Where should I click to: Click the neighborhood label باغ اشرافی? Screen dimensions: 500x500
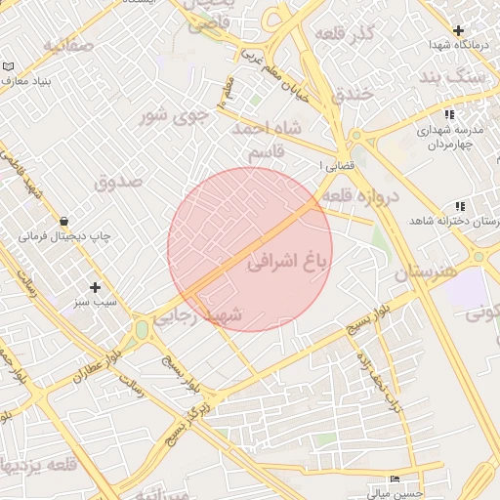283,263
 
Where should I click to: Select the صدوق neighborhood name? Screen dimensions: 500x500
119,182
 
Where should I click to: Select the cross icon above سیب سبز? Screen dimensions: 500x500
95,287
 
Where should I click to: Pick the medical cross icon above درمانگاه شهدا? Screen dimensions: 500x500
458,29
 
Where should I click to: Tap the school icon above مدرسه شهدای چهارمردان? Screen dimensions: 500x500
448,115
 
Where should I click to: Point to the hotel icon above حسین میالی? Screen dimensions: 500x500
395,479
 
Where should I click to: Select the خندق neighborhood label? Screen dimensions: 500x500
353,96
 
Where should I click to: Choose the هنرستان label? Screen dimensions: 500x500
426,272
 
